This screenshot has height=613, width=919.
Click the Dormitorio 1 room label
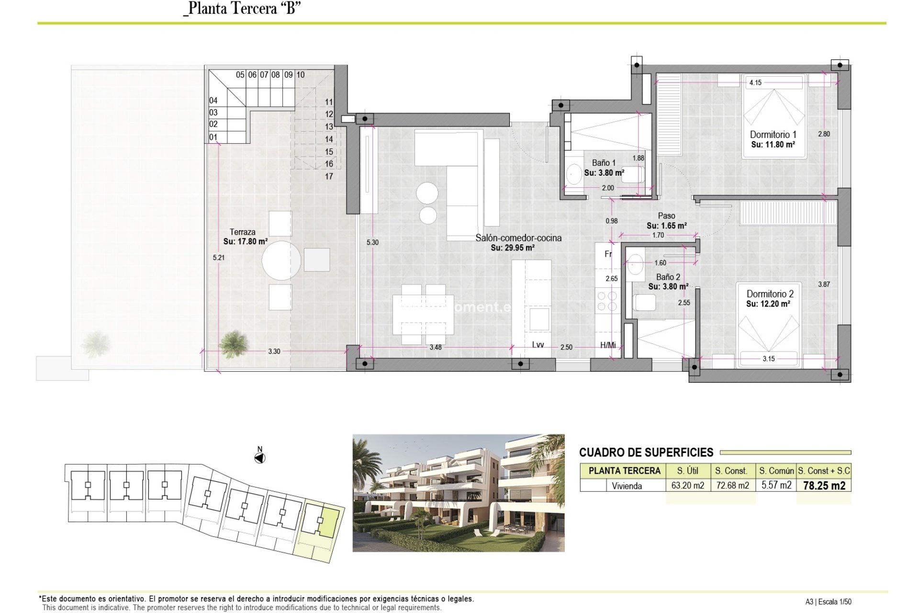(x=773, y=135)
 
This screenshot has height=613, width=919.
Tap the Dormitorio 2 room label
(x=770, y=294)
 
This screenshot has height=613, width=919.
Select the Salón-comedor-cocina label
(x=518, y=238)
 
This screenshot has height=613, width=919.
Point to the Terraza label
(x=242, y=232)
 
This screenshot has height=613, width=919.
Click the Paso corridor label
(x=666, y=216)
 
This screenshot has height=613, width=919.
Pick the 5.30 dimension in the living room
(x=372, y=242)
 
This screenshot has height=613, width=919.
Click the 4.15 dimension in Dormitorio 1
(x=755, y=82)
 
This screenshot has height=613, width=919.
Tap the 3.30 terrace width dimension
(x=274, y=351)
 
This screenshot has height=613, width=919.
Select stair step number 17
(x=329, y=176)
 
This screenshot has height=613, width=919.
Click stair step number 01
(x=213, y=137)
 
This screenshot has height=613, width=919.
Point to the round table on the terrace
(x=281, y=260)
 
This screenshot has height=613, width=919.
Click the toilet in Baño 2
(x=644, y=303)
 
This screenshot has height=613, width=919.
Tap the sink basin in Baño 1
(x=573, y=174)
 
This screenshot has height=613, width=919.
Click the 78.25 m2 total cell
(x=824, y=486)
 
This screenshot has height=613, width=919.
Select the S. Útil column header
(x=688, y=471)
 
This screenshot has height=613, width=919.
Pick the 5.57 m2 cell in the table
(x=776, y=485)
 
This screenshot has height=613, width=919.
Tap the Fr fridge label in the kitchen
(x=608, y=254)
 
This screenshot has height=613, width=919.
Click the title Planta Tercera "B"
(x=242, y=9)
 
